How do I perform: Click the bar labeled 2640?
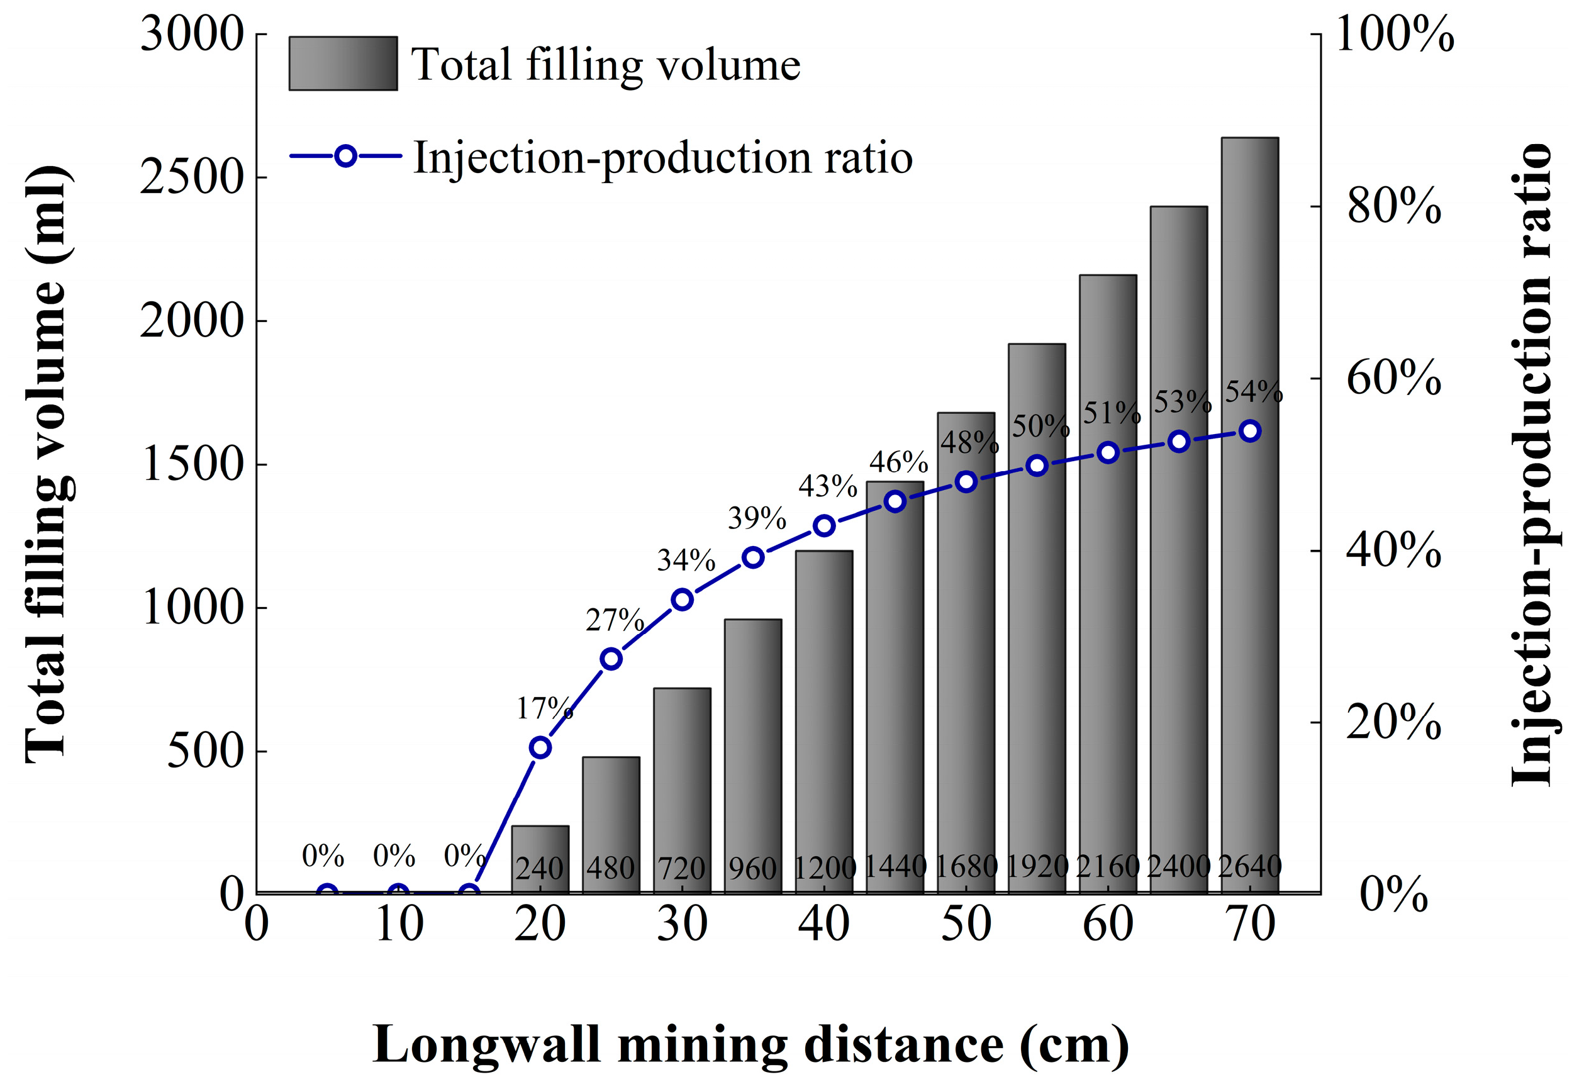pyautogui.click(x=1249, y=511)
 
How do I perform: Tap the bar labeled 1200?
pyautogui.click(x=823, y=716)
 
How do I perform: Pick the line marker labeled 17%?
pyautogui.click(x=540, y=747)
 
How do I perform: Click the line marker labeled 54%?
pyautogui.click(x=1250, y=431)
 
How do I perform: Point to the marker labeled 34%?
pyautogui.click(x=683, y=600)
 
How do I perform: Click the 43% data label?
pyautogui.click(x=827, y=486)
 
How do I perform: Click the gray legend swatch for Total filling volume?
pyautogui.click(x=343, y=64)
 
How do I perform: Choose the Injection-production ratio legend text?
pyautogui.click(x=662, y=157)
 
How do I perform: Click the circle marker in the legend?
pyautogui.click(x=345, y=156)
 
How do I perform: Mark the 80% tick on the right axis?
pyautogui.click(x=1394, y=206)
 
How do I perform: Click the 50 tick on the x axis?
pyautogui.click(x=966, y=925)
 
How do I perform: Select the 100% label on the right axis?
pyautogui.click(x=1395, y=33)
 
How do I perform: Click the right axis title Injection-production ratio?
pyautogui.click(x=1531, y=464)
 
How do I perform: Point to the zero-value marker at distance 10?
pyautogui.click(x=398, y=893)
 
